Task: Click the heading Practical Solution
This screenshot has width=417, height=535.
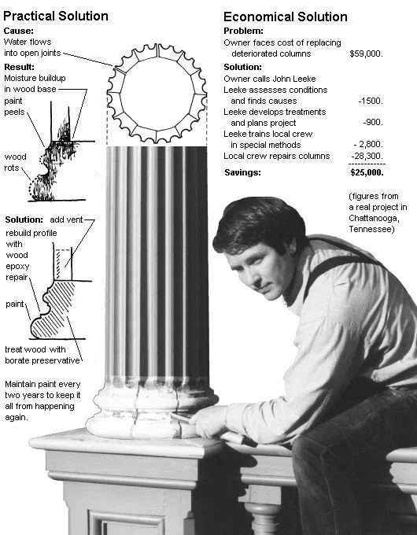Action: (56, 16)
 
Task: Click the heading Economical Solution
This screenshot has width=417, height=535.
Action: (286, 17)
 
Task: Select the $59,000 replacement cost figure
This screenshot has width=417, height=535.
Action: (366, 53)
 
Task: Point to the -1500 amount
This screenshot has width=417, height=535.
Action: (371, 101)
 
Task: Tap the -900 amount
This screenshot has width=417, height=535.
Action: (373, 123)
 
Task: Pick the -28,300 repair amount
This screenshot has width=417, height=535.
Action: (367, 156)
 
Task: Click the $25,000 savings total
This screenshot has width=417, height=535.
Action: (367, 172)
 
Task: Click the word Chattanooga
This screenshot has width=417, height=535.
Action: (374, 218)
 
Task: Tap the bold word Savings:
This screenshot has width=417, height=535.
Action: (242, 172)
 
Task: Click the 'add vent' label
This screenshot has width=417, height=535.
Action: (66, 220)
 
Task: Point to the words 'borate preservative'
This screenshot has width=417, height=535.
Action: (42, 360)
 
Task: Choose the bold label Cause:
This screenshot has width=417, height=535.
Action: (18, 31)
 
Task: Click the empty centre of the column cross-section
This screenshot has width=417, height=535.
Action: (157, 93)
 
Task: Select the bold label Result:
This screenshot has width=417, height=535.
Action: (19, 67)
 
